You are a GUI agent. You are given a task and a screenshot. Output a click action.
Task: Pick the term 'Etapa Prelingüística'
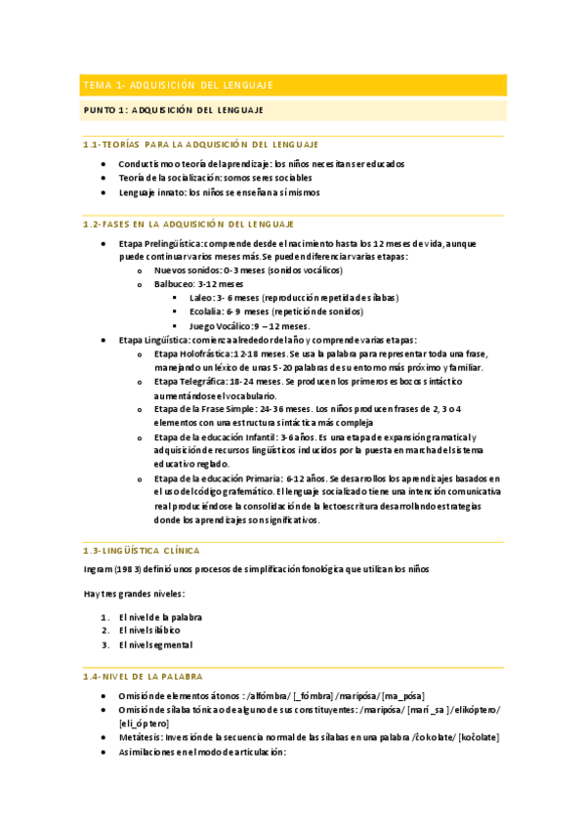[x=160, y=242]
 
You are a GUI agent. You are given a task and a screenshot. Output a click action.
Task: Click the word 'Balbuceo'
[x=175, y=283]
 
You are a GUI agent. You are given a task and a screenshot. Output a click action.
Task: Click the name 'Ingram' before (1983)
[x=99, y=568]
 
